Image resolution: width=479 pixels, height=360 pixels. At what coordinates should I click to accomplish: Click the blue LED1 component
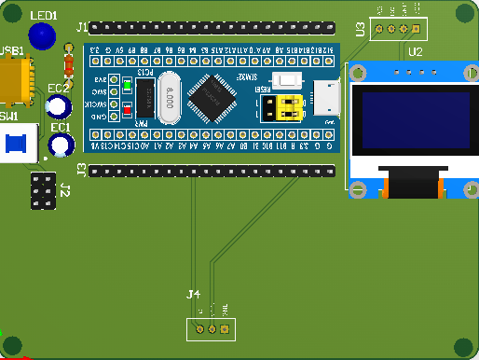[41, 36]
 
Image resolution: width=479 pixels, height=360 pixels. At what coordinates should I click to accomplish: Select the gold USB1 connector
[16, 79]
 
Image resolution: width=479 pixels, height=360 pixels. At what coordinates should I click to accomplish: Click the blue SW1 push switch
[16, 144]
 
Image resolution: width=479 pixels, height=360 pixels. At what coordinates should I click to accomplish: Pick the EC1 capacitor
[62, 144]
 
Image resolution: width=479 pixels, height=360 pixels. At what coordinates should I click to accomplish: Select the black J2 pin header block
[41, 190]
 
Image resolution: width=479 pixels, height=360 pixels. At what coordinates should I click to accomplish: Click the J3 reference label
[81, 170]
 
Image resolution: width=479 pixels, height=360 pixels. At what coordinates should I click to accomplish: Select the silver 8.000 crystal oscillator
[169, 98]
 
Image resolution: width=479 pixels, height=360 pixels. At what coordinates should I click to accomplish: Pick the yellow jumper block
[284, 108]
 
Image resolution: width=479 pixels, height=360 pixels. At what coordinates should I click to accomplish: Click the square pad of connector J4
[225, 329]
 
